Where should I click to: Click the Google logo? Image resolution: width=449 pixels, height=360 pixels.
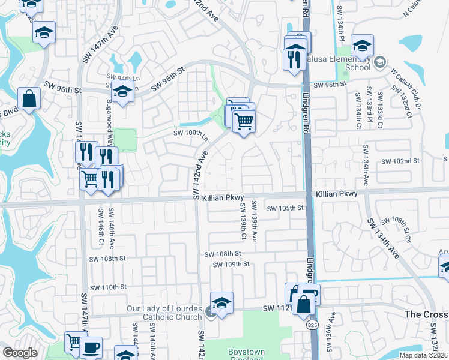pos(20,353)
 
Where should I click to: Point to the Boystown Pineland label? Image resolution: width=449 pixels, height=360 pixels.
pos(245,355)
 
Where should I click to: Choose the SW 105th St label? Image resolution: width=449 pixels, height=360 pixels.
pos(286,208)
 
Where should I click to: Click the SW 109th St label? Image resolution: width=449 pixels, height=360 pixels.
pos(231,264)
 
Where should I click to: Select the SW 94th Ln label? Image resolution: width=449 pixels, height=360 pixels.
pos(122,77)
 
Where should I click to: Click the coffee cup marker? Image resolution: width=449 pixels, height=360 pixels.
pos(91,348)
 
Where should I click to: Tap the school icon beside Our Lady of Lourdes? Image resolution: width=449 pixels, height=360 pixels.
pos(221,304)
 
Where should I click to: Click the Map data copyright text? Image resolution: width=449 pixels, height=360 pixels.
pos(423,355)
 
